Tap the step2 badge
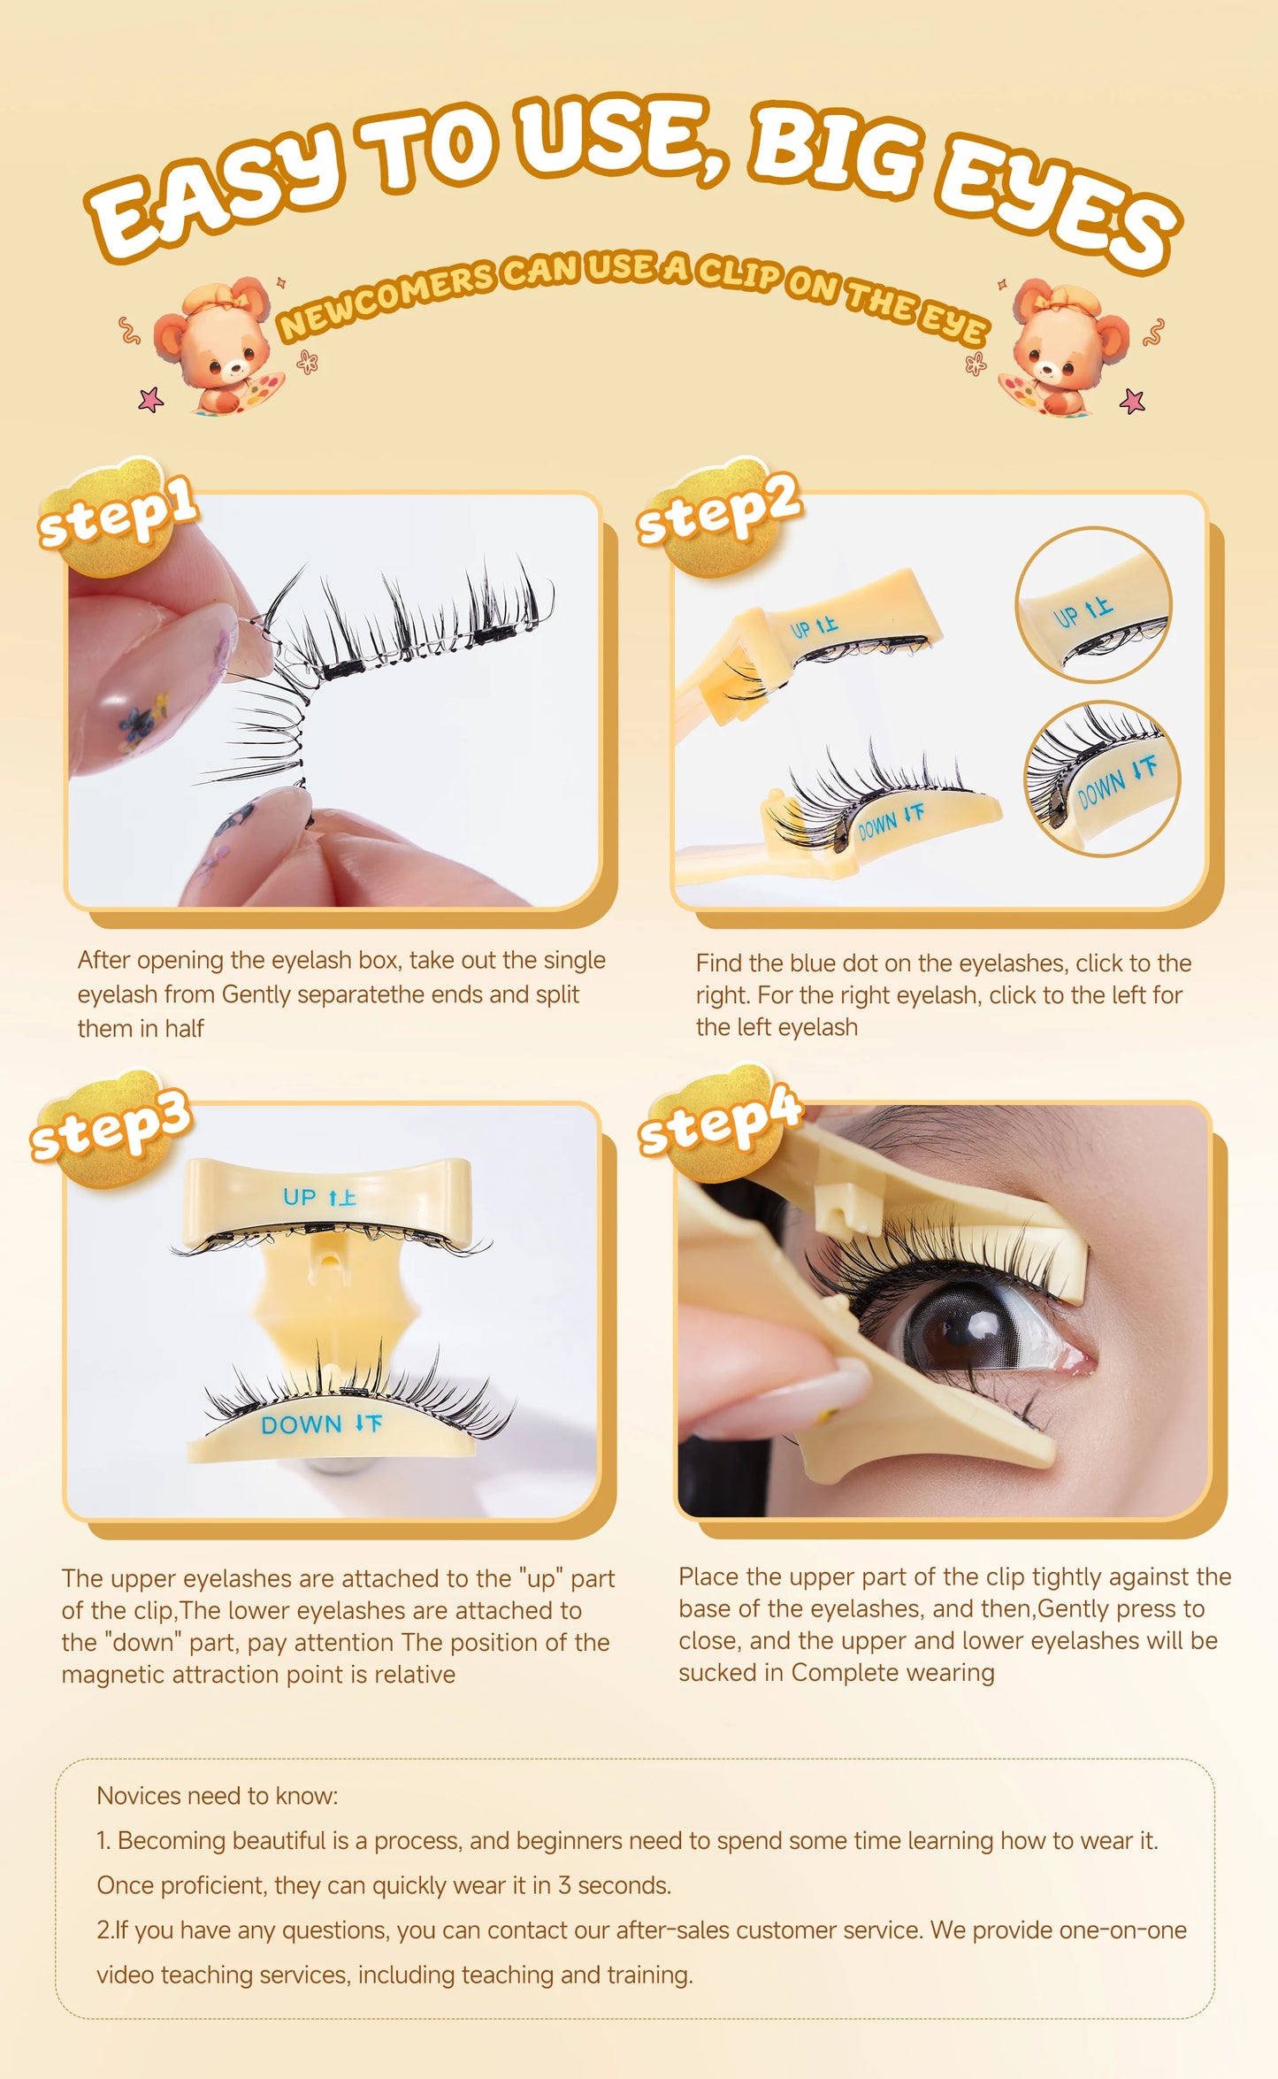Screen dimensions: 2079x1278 pyautogui.click(x=718, y=514)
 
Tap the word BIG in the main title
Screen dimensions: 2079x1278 pyautogui.click(x=835, y=150)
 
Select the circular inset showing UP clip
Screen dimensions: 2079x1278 pyautogui.click(x=1093, y=605)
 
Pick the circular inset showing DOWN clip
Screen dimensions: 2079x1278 pyautogui.click(x=1102, y=779)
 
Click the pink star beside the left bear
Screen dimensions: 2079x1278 pyautogui.click(x=151, y=400)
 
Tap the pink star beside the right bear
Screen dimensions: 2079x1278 pyautogui.click(x=1132, y=402)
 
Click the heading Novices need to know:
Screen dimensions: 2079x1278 pyautogui.click(x=217, y=1795)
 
